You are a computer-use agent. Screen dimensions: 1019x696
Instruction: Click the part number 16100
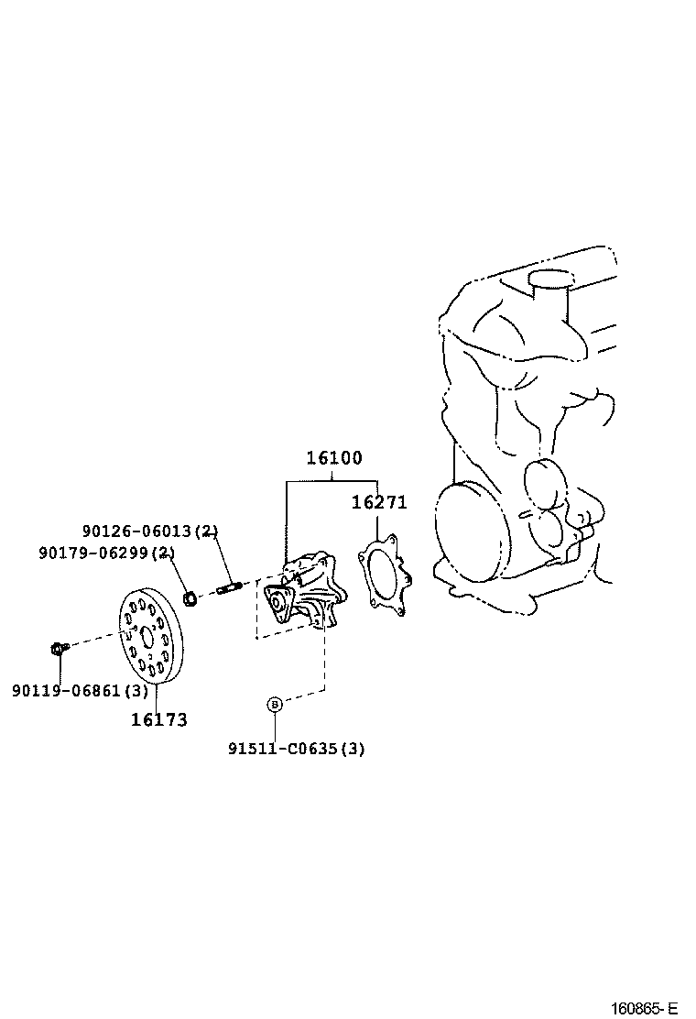[x=333, y=458]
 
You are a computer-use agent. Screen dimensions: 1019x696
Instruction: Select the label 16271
[x=379, y=502]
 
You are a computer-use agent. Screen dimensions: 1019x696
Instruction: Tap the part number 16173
[x=158, y=719]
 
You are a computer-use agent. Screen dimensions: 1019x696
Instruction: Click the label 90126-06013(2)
[x=150, y=531]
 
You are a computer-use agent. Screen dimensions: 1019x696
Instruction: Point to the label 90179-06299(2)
[x=107, y=553]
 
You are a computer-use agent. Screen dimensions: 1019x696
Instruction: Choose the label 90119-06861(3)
[x=80, y=690]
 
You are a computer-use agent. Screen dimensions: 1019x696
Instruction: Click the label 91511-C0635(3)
[x=296, y=749]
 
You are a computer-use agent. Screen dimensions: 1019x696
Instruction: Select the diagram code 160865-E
[x=644, y=1008]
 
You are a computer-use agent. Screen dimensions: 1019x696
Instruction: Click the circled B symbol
[x=274, y=704]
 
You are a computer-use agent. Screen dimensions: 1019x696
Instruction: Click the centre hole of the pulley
[x=147, y=638]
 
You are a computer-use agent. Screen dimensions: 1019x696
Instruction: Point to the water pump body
[x=305, y=594]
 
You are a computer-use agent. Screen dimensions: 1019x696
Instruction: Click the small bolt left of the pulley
[x=57, y=649]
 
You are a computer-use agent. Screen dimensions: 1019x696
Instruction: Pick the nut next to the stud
[x=190, y=599]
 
